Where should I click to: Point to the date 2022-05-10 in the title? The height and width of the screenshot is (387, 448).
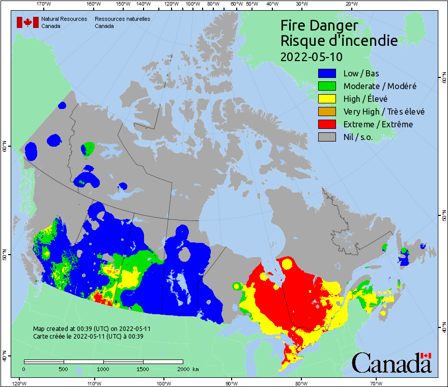(x=312, y=56)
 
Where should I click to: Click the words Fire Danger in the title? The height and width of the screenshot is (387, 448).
(x=319, y=25)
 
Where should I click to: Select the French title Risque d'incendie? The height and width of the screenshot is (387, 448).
(x=339, y=41)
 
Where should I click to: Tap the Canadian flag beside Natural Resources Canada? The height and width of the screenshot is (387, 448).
(x=27, y=22)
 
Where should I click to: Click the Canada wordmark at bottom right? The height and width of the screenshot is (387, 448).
(x=391, y=363)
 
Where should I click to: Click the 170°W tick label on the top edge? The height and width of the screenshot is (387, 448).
(x=44, y=4)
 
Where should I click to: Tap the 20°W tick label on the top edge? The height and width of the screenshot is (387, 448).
(x=351, y=4)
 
